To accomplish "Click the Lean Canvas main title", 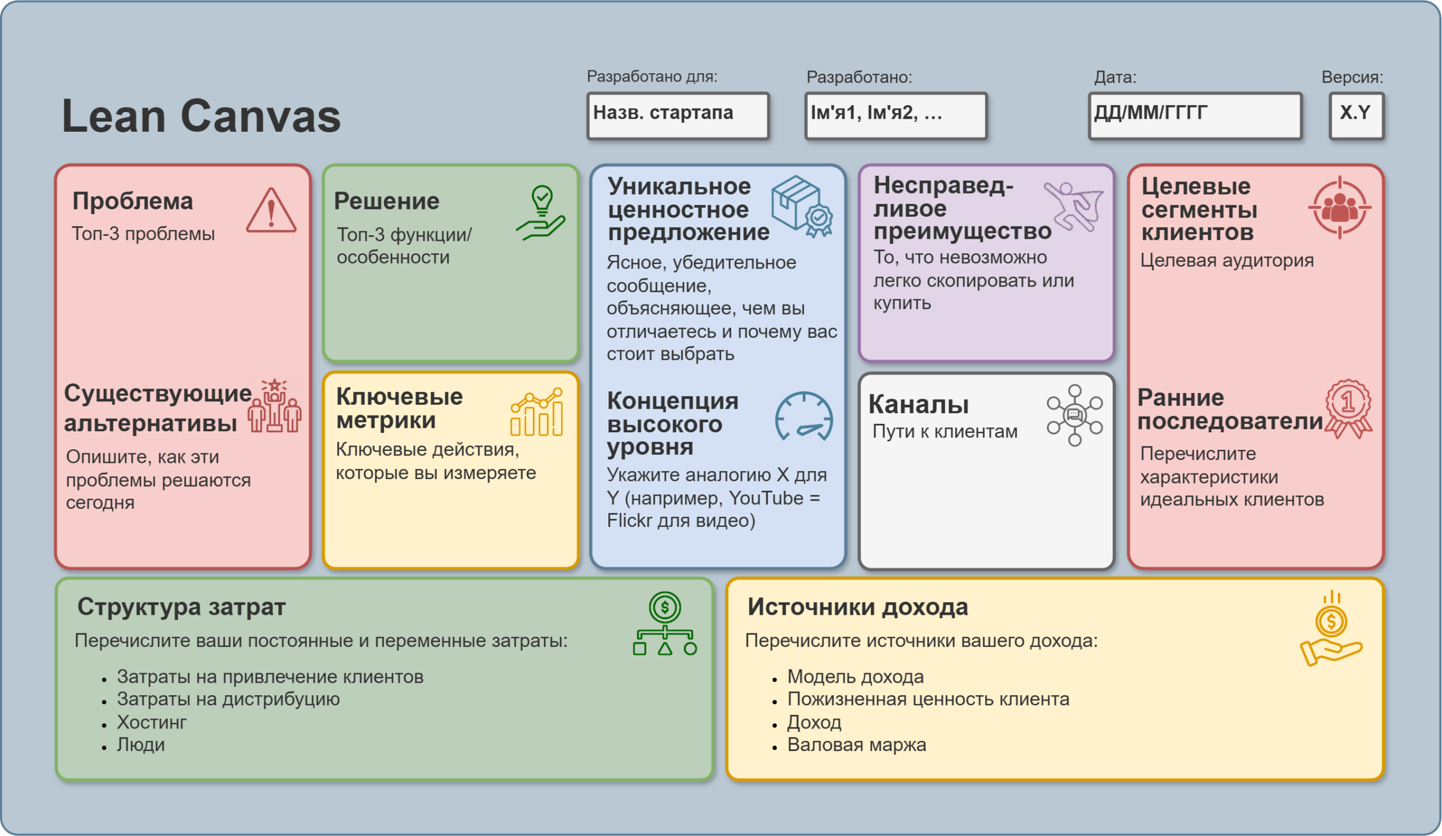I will [x=201, y=116].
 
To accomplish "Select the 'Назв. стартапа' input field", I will [x=678, y=116].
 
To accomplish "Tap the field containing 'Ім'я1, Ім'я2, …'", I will [x=896, y=116].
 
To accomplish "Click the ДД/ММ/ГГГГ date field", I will [x=1195, y=116].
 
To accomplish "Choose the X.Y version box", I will [x=1356, y=116].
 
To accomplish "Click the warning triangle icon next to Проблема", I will [x=272, y=211].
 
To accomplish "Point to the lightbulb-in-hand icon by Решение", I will [x=541, y=213].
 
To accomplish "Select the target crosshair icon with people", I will [x=1339, y=208].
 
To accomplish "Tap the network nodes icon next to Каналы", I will [x=1075, y=415].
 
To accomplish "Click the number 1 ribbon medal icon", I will [x=1348, y=408].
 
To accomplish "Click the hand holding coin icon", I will [x=1331, y=628].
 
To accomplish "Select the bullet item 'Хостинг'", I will [x=152, y=722].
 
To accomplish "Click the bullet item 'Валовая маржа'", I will [x=856, y=745].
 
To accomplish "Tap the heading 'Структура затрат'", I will [x=181, y=607].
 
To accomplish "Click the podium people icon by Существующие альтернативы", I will [x=275, y=406].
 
